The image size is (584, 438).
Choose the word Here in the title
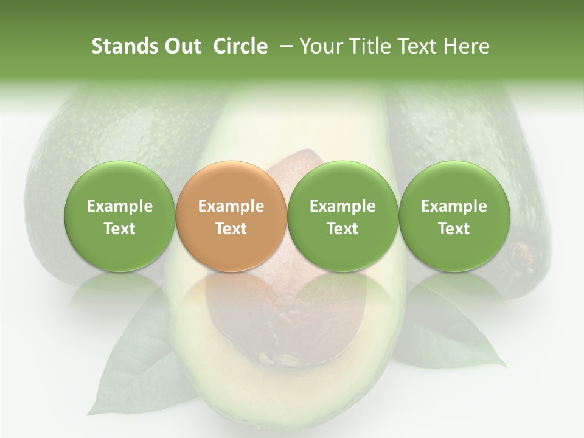click(x=467, y=46)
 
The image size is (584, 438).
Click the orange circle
click(x=231, y=217)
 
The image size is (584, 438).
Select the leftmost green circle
click(x=120, y=217)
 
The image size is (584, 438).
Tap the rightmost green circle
click(x=454, y=217)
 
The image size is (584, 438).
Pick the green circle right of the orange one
click(x=342, y=217)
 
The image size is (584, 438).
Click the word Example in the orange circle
click(x=231, y=206)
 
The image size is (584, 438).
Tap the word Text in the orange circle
click(x=231, y=229)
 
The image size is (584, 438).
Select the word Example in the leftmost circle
click(x=120, y=206)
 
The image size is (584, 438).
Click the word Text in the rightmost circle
click(x=454, y=229)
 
